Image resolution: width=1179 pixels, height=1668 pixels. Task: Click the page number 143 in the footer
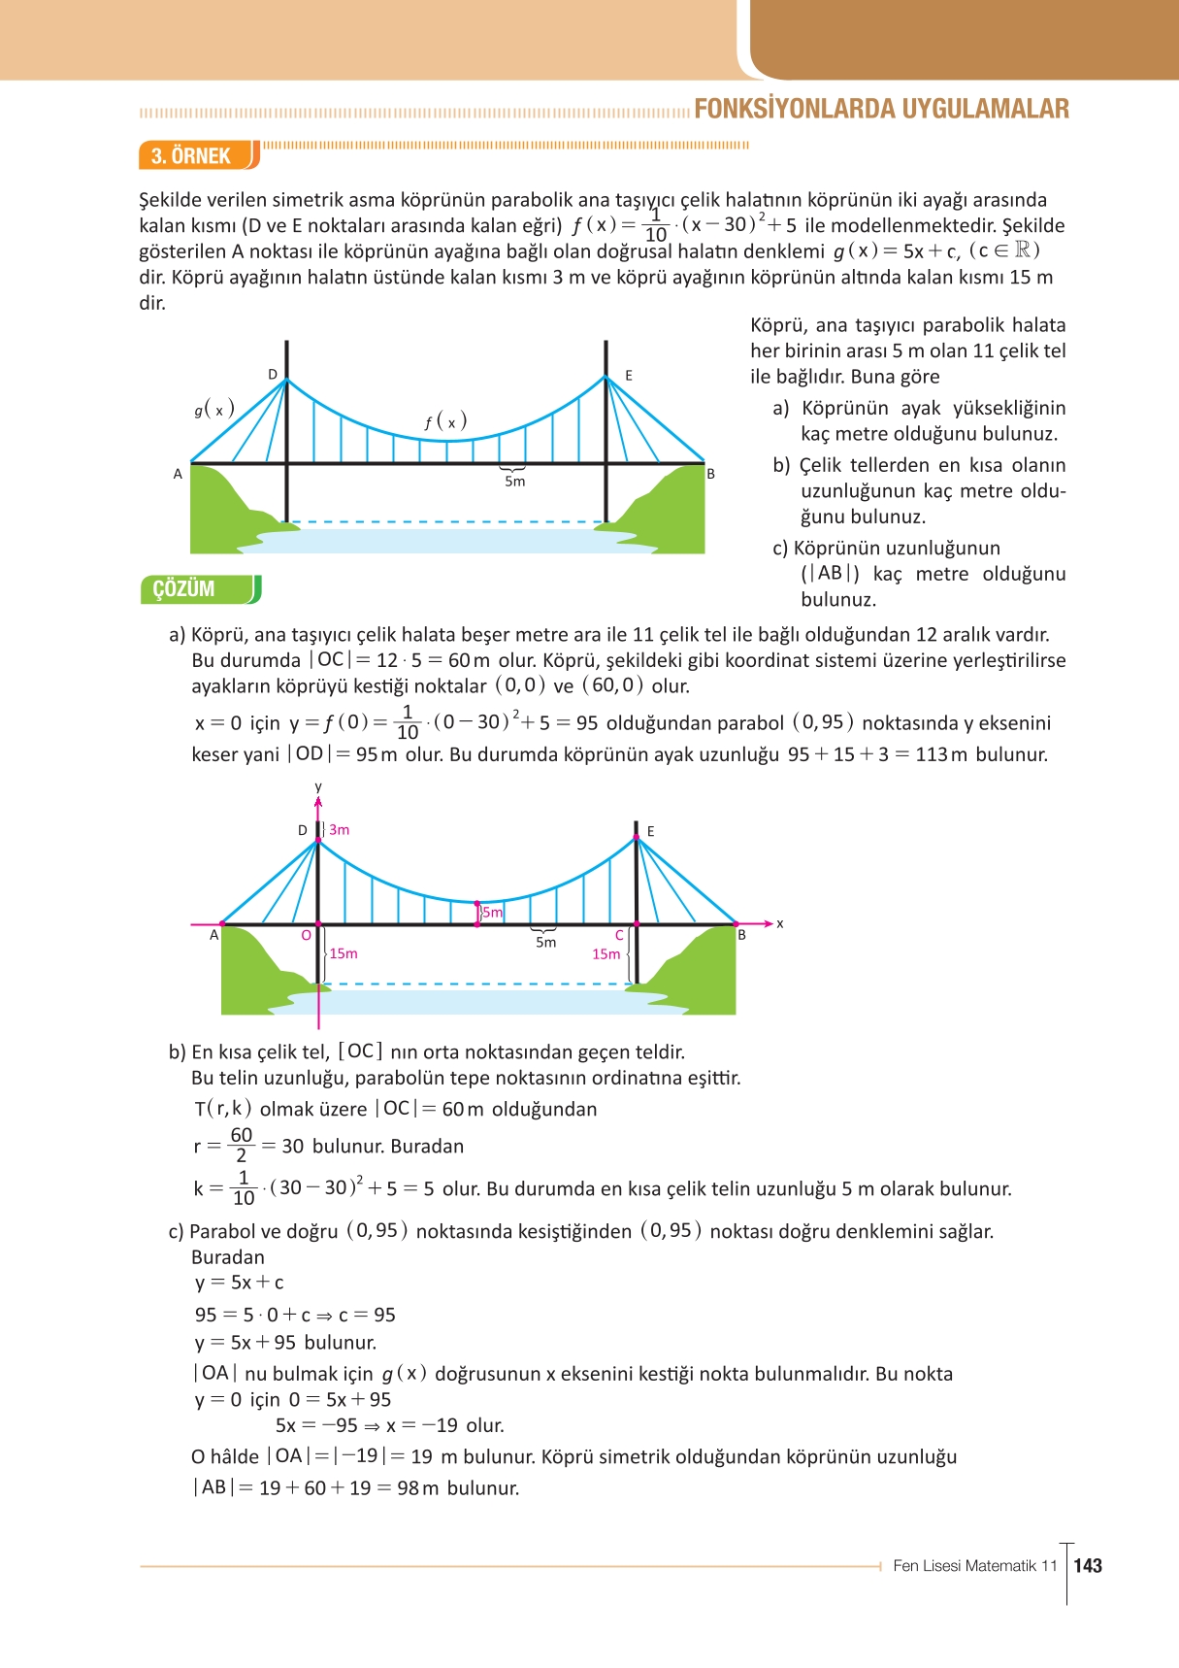pyautogui.click(x=1088, y=1565)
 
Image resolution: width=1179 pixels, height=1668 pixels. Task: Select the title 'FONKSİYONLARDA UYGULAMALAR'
pyautogui.click(x=881, y=109)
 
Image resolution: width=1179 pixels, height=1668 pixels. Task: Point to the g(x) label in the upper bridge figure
pyautogui.click(x=214, y=410)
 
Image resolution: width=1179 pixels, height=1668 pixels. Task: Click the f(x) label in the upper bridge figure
pyautogui.click(x=445, y=421)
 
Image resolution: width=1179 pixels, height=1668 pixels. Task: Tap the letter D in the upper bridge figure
pyautogui.click(x=273, y=375)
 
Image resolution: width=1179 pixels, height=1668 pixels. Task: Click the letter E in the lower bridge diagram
pyautogui.click(x=650, y=832)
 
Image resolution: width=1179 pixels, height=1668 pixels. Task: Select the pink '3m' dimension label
pyautogui.click(x=339, y=830)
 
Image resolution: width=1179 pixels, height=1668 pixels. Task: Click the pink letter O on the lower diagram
pyautogui.click(x=306, y=936)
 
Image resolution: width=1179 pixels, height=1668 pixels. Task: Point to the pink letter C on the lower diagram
pyautogui.click(x=619, y=936)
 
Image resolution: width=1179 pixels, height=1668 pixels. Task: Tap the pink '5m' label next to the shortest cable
pyautogui.click(x=493, y=913)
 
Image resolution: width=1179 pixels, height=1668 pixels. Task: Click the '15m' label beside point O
pyautogui.click(x=343, y=953)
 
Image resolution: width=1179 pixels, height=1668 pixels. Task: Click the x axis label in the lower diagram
pyautogui.click(x=779, y=924)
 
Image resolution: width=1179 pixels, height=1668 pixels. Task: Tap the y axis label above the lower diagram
pyautogui.click(x=318, y=787)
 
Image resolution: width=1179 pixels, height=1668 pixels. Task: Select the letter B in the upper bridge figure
pyautogui.click(x=710, y=474)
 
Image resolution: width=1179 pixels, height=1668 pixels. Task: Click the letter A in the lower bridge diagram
pyautogui.click(x=214, y=936)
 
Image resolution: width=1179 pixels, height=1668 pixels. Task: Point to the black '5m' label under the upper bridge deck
pyautogui.click(x=514, y=482)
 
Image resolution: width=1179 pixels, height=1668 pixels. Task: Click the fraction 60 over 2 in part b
pyautogui.click(x=242, y=1146)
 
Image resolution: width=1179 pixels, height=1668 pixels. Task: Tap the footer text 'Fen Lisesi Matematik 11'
pyautogui.click(x=974, y=1565)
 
